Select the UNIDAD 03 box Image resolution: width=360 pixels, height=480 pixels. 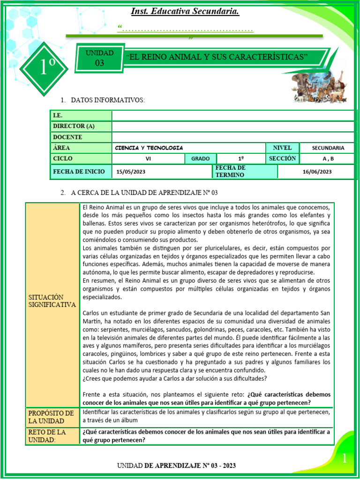[x=99, y=58]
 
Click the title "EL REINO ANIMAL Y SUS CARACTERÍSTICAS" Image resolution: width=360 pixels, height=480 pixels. [x=217, y=57]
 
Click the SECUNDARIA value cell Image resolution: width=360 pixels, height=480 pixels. [x=328, y=148]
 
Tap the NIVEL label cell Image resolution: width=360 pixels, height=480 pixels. [x=282, y=148]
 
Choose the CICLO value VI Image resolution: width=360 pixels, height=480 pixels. [x=148, y=158]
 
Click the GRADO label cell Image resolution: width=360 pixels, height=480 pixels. [x=200, y=158]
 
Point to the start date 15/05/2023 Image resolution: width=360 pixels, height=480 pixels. [x=131, y=172]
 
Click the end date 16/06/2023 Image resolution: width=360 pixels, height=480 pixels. [x=317, y=172]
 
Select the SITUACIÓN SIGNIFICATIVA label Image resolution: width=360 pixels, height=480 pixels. [x=52, y=301]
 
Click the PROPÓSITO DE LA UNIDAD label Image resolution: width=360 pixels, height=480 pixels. [x=52, y=417]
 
